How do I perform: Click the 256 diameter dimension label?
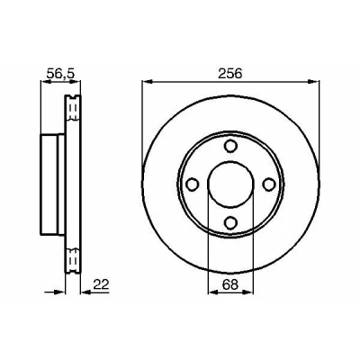click(230, 74)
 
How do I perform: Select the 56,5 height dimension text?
click(60, 74)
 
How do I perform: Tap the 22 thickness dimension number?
click(101, 284)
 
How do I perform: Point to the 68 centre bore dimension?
click(230, 284)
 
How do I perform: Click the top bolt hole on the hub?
click(230, 146)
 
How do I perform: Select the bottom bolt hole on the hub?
click(230, 222)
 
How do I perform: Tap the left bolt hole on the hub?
click(193, 184)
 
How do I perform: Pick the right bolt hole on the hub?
click(269, 184)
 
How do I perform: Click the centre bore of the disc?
click(230, 184)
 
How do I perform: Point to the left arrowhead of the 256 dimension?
click(148, 81)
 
